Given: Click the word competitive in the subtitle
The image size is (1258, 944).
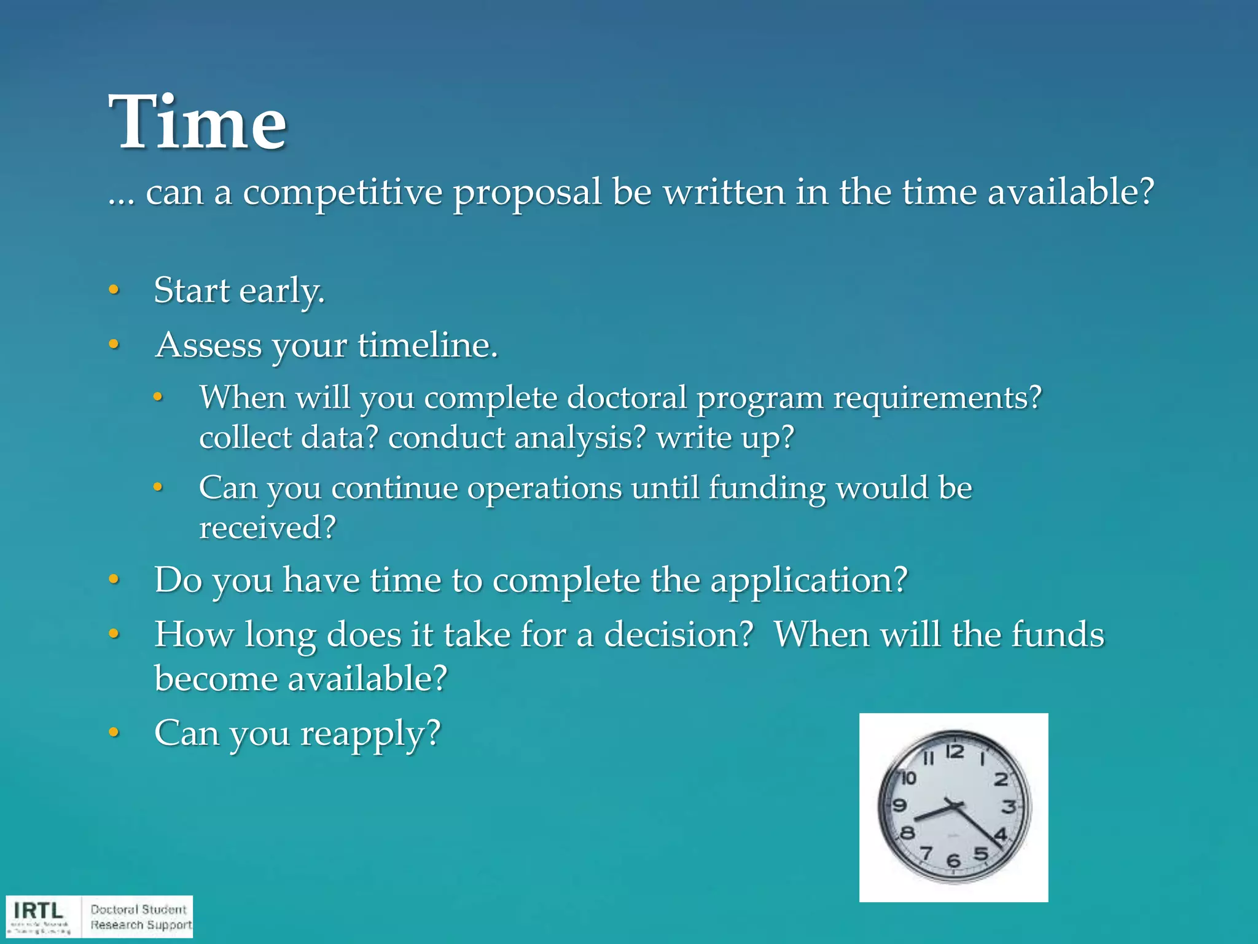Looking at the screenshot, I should click(x=342, y=192).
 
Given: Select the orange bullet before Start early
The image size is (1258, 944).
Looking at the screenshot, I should click(x=114, y=289).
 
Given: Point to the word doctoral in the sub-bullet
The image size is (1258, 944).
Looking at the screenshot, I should click(x=627, y=398).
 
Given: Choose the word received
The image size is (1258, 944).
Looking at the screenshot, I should click(x=267, y=528).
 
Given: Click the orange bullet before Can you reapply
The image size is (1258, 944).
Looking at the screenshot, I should click(x=114, y=732).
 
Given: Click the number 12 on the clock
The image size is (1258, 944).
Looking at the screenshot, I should click(x=955, y=752).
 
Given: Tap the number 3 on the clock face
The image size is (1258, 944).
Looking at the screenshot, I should click(x=1008, y=806).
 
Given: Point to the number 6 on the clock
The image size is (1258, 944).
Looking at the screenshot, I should click(x=953, y=860).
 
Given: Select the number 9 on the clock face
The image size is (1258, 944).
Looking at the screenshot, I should click(x=900, y=805).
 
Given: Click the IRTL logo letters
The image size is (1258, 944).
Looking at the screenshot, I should click(x=39, y=910).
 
